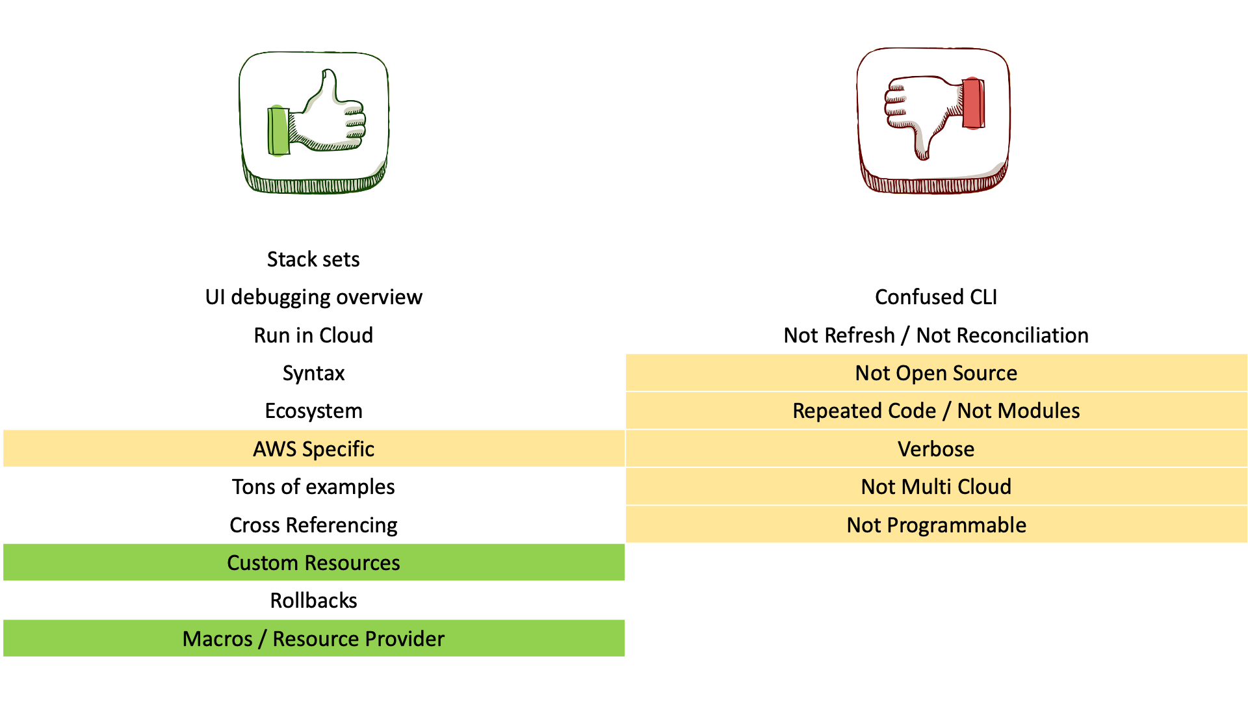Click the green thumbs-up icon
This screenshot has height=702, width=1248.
coord(314,122)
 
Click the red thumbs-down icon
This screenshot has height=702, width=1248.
coord(933,120)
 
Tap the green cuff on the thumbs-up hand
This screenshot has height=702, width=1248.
coord(278,131)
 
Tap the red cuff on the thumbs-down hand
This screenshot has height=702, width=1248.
coord(973,104)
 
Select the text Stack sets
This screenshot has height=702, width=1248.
coord(313,259)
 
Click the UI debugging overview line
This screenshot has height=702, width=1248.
coord(313,297)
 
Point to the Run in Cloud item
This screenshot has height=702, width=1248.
coord(313,335)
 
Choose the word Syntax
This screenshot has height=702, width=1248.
coord(313,373)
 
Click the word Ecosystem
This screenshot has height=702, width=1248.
coord(313,411)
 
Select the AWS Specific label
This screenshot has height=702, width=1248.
coord(313,449)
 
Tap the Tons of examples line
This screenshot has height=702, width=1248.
coord(313,487)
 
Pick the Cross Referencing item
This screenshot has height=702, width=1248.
coord(313,525)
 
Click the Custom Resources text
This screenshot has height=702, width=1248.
coord(313,563)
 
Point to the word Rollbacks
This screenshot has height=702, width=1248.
coord(313,601)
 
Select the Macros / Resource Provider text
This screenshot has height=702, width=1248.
coord(313,639)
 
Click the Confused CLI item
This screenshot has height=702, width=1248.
coord(936,297)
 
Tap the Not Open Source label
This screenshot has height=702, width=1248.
coord(936,373)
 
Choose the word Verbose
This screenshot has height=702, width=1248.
coord(936,449)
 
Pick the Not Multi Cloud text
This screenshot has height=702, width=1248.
coord(936,487)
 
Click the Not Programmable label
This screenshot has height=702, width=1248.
coord(936,525)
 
